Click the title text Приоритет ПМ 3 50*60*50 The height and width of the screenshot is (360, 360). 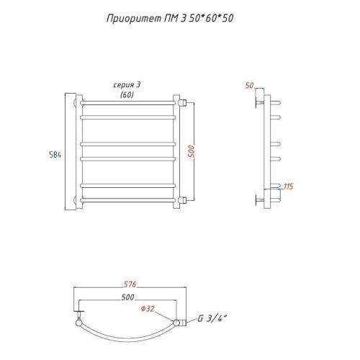(x=170, y=19)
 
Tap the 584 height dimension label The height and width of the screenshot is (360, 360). (x=55, y=155)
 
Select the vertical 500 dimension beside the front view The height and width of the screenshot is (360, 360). (x=192, y=151)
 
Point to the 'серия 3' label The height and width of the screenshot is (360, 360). (x=127, y=85)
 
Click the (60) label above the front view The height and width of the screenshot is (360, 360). (x=127, y=95)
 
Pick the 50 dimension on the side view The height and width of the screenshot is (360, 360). (x=249, y=85)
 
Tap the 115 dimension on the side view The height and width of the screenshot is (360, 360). (x=289, y=186)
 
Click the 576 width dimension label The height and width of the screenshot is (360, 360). (x=130, y=284)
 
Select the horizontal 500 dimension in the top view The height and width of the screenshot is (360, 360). (x=127, y=297)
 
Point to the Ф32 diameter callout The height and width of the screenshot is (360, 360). (x=148, y=309)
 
